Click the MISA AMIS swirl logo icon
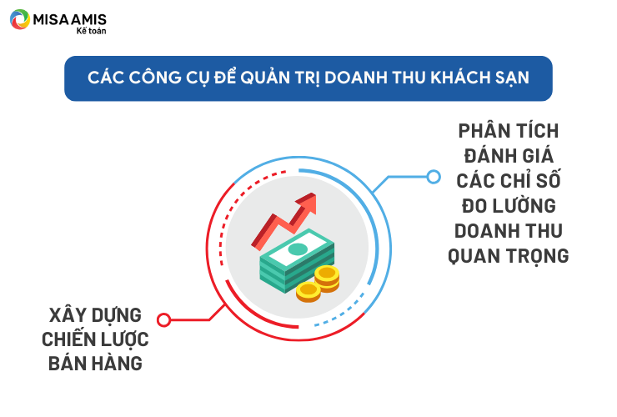pos(20,19)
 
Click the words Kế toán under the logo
pos(91,31)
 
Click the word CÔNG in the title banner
pos(155,77)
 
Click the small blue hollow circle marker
pos(434,177)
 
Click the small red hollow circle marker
pos(163,319)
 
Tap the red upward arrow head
pos(308,203)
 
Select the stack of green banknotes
pos(296,260)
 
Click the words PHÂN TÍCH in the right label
pos(509,131)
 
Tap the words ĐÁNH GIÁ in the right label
pos(509,156)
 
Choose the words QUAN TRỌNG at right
pos(509,257)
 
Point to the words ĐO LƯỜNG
pos(509,205)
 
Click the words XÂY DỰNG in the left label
pos(95,316)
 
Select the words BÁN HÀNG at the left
pos(95,364)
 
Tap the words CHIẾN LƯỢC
pos(95,339)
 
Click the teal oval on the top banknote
pos(298,249)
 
